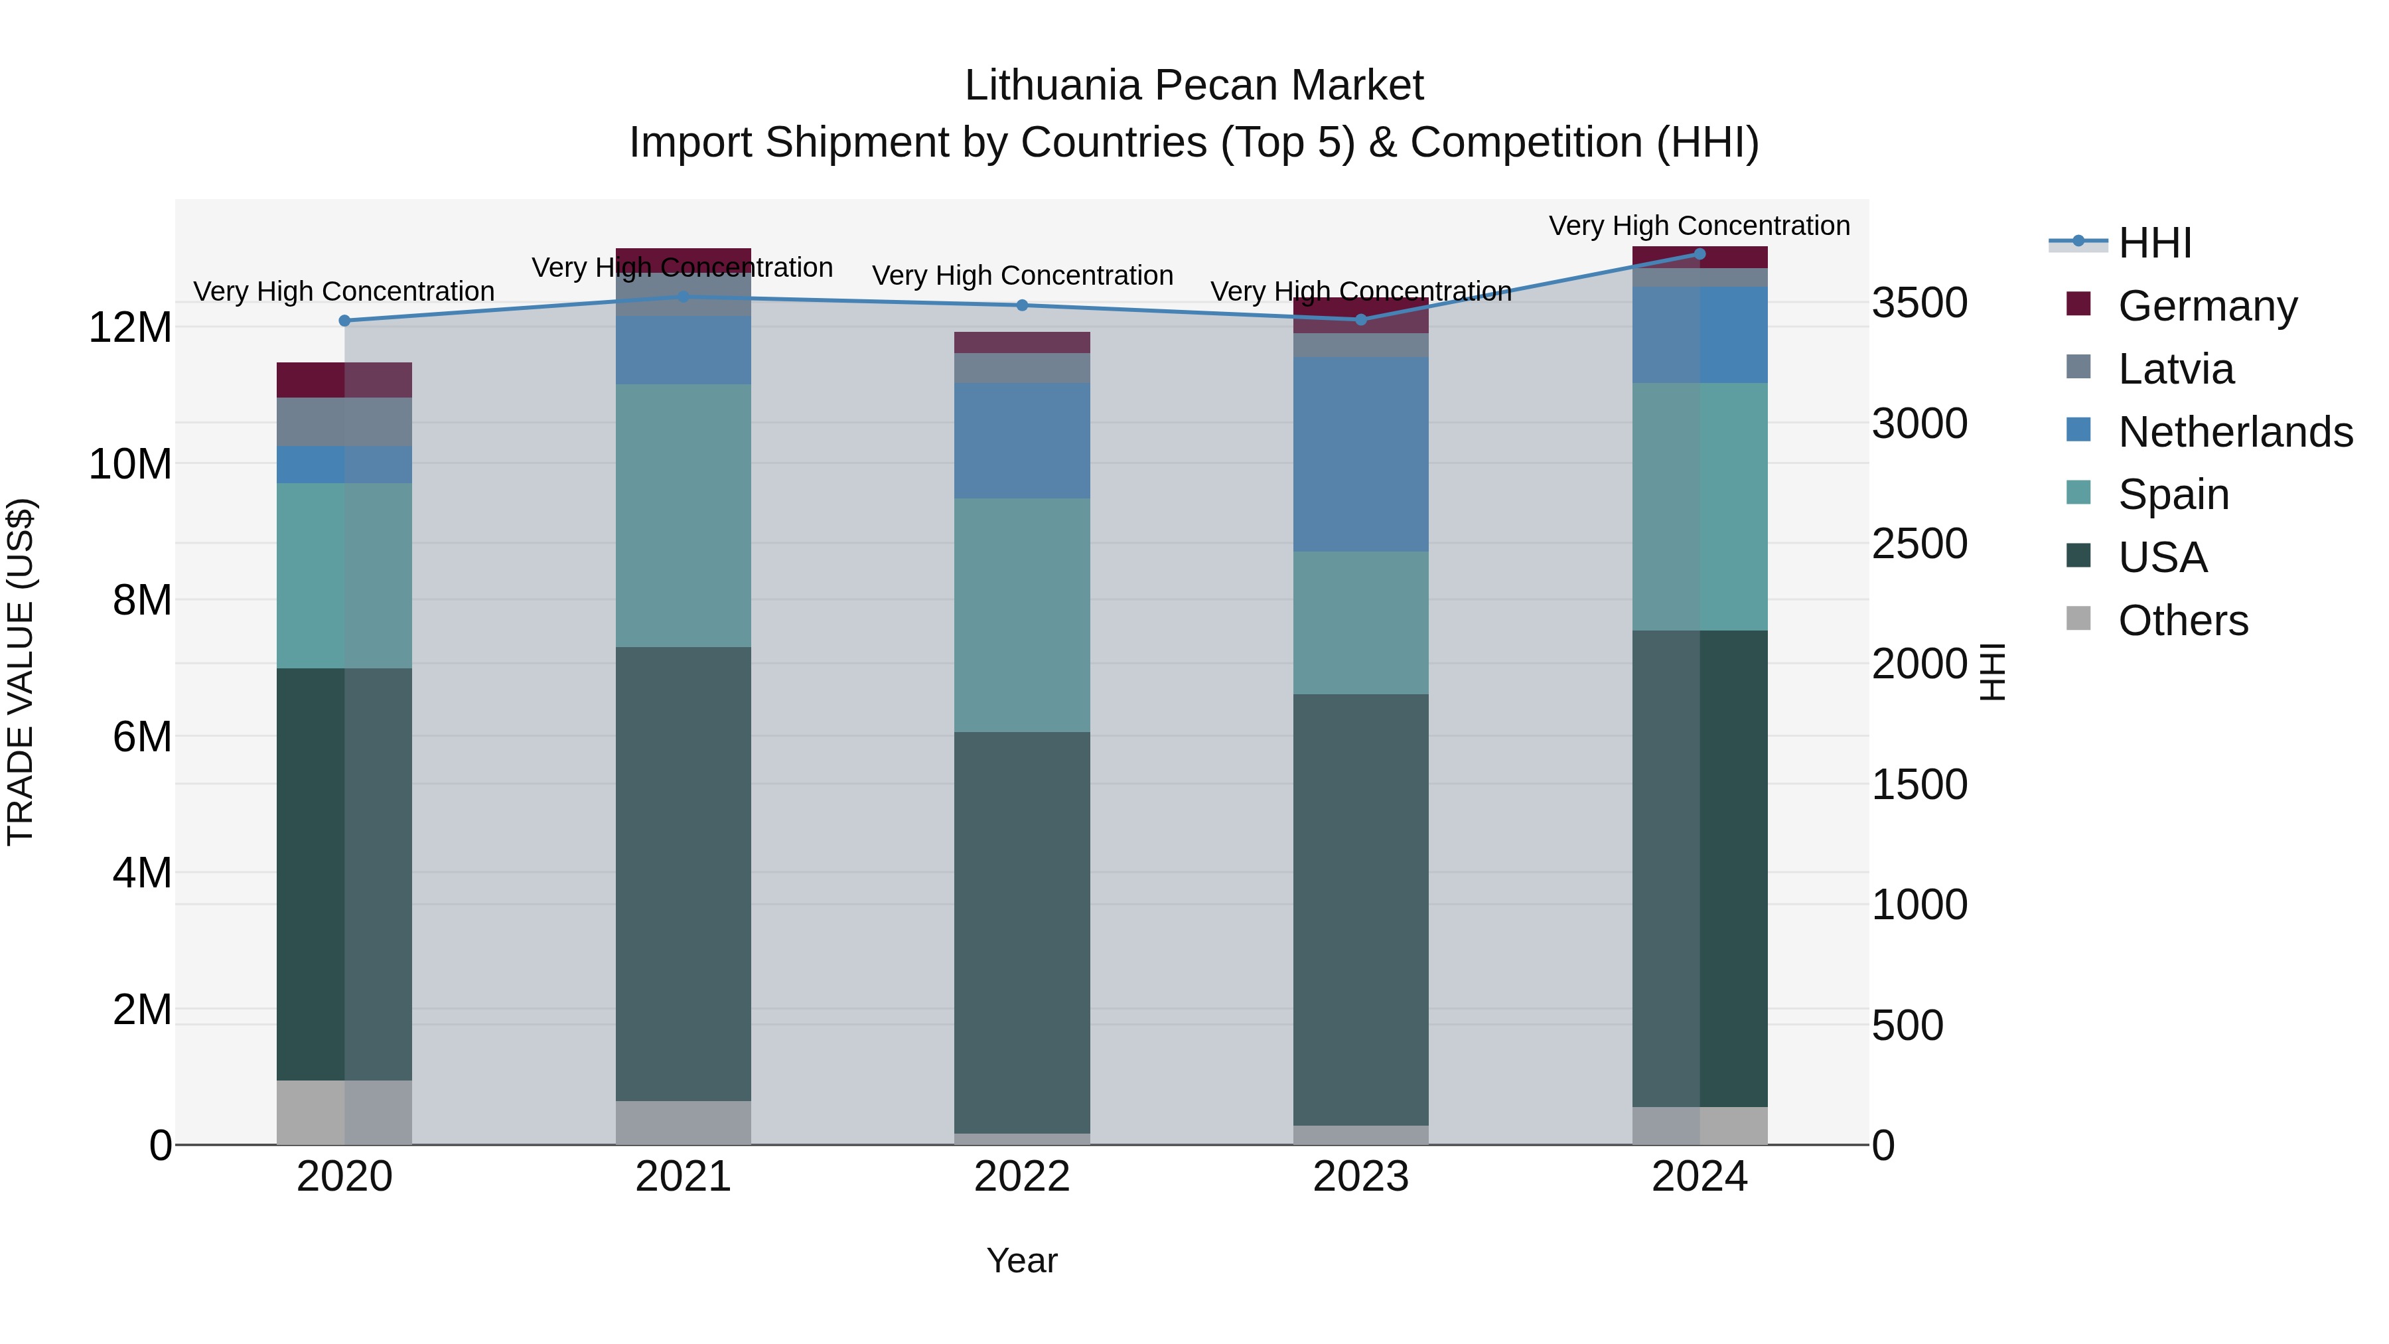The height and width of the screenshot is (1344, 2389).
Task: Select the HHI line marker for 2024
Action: point(1699,254)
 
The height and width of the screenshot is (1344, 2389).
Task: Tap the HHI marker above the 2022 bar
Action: point(1022,305)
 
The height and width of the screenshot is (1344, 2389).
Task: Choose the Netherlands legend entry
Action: point(2235,432)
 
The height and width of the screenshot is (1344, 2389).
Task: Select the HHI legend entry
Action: point(2154,243)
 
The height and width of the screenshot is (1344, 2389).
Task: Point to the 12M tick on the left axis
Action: point(130,327)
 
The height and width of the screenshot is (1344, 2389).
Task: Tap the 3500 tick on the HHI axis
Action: point(1918,303)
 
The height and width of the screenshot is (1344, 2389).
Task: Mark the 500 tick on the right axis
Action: point(1907,1026)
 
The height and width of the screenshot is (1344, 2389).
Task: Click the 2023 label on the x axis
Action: point(1360,1177)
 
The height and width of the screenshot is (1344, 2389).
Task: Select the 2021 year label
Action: point(683,1177)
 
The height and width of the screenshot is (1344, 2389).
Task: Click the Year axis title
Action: point(1022,1260)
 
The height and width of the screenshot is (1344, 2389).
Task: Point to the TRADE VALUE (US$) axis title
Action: point(21,672)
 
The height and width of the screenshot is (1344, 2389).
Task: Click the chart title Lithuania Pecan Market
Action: point(1194,86)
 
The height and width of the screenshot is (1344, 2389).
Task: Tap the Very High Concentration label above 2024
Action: point(1699,226)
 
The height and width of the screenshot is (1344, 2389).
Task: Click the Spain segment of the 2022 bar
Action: point(1022,615)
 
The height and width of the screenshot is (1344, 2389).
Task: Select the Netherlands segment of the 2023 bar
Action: point(1360,455)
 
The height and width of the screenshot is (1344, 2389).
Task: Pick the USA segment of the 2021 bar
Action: point(683,873)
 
